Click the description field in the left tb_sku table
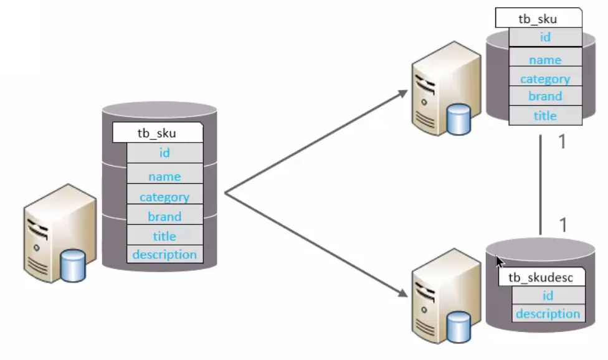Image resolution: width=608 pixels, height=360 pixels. click(164, 254)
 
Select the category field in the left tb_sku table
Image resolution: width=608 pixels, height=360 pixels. click(164, 197)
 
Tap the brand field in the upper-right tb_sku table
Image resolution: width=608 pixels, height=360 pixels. click(545, 97)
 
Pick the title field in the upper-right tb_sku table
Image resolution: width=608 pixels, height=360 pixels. click(545, 116)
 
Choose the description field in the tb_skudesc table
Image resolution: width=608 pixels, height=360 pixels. click(548, 313)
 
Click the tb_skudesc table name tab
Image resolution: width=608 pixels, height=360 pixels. click(541, 277)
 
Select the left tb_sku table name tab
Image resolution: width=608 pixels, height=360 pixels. click(157, 132)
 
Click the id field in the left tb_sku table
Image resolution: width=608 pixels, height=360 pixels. click(164, 152)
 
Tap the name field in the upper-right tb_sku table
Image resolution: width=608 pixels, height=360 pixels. click(545, 60)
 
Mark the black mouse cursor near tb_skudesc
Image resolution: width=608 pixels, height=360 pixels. click(500, 262)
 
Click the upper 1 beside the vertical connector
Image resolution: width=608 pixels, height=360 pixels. click(562, 142)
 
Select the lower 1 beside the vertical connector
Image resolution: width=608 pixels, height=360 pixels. click(563, 225)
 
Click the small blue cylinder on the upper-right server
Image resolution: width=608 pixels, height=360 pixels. click(458, 120)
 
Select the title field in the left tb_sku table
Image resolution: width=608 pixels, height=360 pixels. click(164, 236)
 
